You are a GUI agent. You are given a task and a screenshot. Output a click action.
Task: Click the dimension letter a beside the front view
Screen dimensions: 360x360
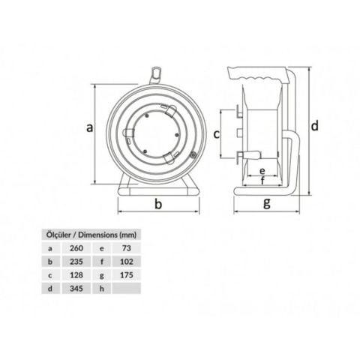point(89,127)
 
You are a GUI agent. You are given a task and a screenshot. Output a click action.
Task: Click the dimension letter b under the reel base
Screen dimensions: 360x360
point(158,204)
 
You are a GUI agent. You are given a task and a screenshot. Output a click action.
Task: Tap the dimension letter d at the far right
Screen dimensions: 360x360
point(315,125)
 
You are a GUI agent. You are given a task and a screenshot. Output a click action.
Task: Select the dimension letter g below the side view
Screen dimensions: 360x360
point(267,203)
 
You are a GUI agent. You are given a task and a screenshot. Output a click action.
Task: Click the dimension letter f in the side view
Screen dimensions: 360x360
point(262,181)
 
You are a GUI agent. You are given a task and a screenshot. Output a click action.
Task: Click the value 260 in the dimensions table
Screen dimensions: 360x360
point(76,247)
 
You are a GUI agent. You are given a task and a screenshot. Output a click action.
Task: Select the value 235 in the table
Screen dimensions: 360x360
point(76,261)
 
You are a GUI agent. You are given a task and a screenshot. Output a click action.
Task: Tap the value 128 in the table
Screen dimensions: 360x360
point(76,275)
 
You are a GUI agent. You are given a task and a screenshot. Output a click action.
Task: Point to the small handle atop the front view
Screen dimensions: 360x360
point(155,73)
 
